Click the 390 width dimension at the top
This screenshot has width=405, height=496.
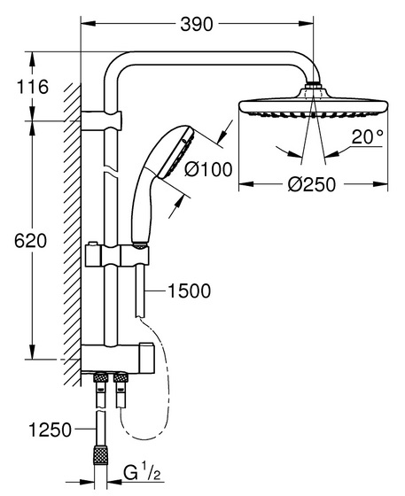pos(197,24)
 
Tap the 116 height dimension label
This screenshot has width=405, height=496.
pos(32,87)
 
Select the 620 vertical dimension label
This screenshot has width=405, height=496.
pos(30,241)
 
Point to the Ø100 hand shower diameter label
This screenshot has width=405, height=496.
pos(208,169)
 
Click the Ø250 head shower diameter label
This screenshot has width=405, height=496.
pos(311,184)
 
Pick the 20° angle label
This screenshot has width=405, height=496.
pos(368,137)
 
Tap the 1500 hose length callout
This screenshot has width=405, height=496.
pos(190,291)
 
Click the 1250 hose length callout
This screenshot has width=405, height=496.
pos(50,430)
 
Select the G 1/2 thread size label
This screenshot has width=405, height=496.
pos(142,474)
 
